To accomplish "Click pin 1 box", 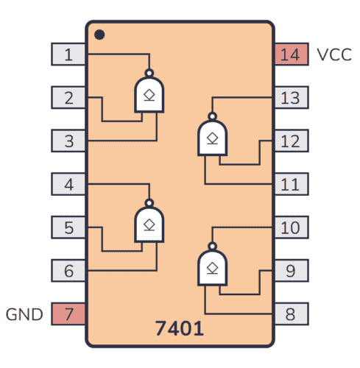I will (68, 54).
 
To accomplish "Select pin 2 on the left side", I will (68, 97).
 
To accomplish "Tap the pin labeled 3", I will (68, 141).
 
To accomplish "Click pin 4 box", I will (68, 184).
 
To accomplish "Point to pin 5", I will (68, 227).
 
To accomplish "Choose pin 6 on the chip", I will (68, 271).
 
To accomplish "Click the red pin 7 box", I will (68, 314).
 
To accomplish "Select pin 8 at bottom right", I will (291, 314).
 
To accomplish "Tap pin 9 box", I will (291, 271).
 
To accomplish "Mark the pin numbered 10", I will (291, 227).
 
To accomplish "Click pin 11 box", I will (291, 184).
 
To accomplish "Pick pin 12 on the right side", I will (291, 141).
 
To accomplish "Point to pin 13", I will (291, 97).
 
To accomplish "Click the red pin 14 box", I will (291, 54).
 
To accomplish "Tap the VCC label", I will (334, 54).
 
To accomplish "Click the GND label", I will (25, 315).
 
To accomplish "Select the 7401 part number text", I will (179, 326).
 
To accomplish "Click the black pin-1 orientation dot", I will (99, 34).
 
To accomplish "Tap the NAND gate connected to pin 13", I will (213, 137).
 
